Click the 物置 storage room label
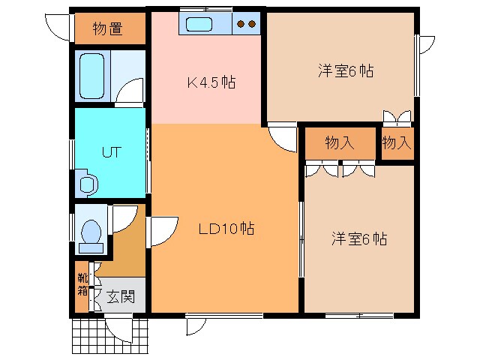(x=109, y=29)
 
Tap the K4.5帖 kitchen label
(x=211, y=82)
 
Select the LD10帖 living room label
(x=226, y=229)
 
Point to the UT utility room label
(x=110, y=151)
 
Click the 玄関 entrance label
(x=119, y=296)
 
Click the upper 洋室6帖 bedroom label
(x=345, y=72)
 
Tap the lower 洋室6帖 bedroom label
(x=359, y=239)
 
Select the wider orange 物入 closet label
(x=339, y=143)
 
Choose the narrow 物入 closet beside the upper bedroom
(x=396, y=143)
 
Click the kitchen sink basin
(x=199, y=23)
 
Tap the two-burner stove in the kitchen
(x=246, y=23)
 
